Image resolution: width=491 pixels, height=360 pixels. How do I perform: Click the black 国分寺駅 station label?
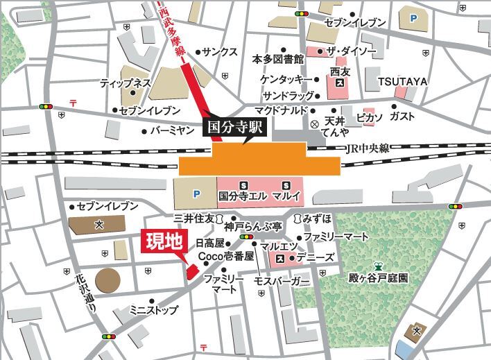click(230, 128)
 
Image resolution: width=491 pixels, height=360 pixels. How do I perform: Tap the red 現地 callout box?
click(162, 242)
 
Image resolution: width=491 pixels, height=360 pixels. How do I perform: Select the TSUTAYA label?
click(402, 82)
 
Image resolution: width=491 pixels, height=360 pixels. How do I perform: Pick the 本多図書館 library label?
click(277, 59)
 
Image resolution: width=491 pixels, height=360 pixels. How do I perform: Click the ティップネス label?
click(126, 83)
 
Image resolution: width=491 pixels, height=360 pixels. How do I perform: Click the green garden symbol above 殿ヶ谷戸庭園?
click(378, 266)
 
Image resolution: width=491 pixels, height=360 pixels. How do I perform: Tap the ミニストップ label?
click(153, 310)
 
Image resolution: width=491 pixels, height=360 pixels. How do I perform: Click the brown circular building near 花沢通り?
click(107, 281)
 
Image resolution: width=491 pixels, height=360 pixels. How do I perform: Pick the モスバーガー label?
click(282, 282)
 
